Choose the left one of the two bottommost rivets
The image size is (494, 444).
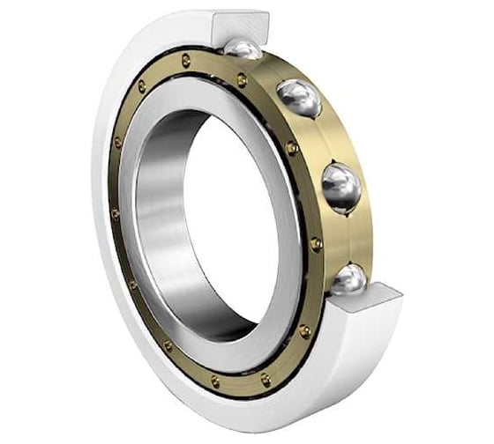point(214,381)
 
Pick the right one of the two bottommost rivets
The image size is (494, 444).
point(265,379)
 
